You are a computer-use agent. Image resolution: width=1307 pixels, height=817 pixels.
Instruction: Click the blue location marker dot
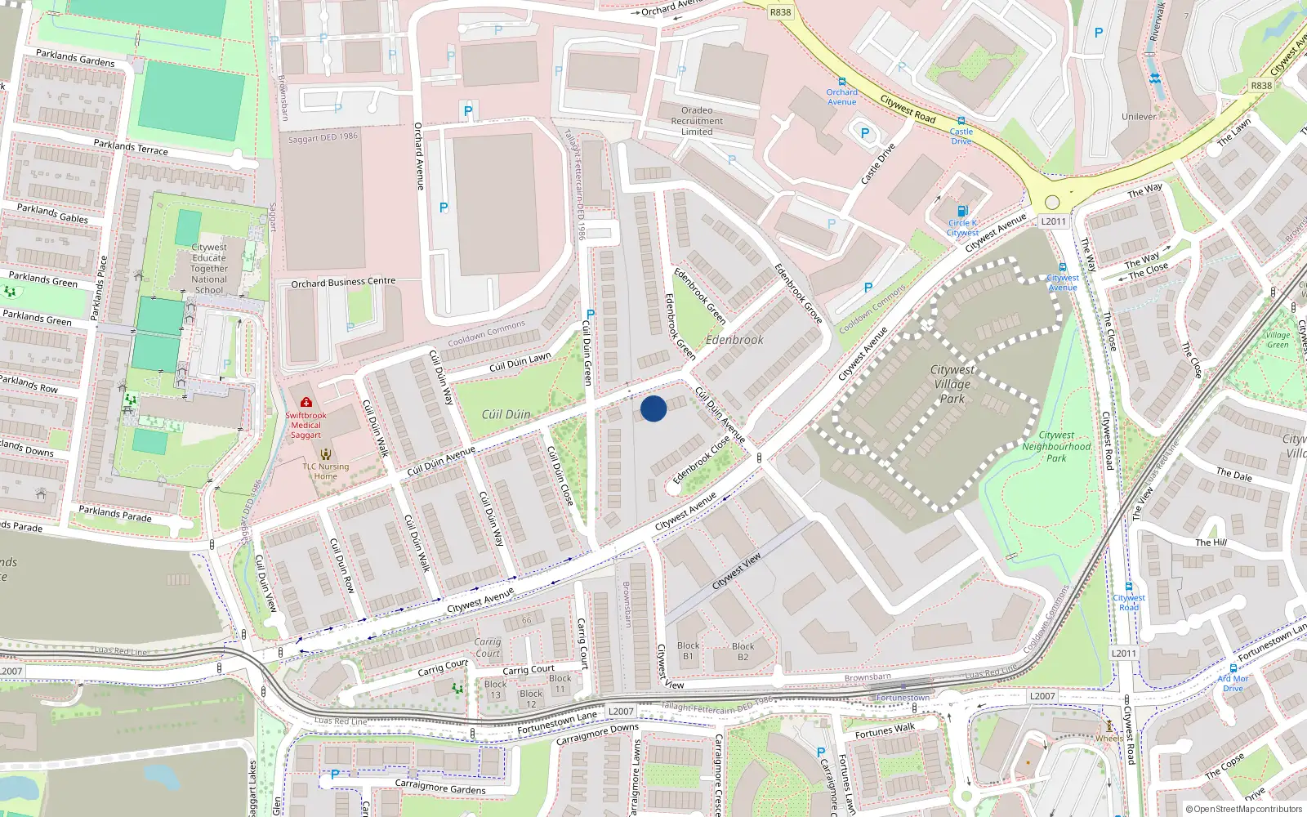click(653, 408)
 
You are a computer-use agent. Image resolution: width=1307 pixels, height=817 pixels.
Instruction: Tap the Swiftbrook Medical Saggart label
click(306, 425)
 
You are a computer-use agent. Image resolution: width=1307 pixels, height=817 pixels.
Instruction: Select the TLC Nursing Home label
click(325, 471)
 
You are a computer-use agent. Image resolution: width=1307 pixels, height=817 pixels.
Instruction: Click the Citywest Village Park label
click(952, 384)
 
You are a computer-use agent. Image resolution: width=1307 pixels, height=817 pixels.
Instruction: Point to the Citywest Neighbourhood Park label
click(1056, 447)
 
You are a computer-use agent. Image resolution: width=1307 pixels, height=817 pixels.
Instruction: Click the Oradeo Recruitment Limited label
click(697, 121)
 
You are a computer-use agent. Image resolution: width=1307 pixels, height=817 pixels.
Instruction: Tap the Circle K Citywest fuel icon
click(962, 211)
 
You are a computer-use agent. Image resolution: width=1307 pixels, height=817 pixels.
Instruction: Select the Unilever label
click(1139, 117)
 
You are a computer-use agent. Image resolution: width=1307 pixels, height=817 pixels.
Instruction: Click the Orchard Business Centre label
click(343, 283)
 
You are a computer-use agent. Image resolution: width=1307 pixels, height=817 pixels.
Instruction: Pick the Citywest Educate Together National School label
click(209, 268)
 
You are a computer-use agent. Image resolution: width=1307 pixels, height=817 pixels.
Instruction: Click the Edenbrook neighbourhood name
click(734, 340)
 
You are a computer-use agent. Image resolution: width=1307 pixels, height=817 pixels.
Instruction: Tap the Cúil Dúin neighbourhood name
click(506, 414)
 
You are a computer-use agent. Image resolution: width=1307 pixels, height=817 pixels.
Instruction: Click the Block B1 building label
click(689, 650)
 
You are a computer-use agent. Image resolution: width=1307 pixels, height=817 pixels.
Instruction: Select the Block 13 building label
click(496, 690)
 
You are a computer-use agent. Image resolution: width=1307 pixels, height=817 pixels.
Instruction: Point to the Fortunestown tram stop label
click(903, 698)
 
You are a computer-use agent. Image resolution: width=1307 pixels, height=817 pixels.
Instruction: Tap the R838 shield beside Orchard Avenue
click(780, 12)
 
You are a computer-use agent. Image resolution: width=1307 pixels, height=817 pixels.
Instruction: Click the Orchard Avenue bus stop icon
click(842, 82)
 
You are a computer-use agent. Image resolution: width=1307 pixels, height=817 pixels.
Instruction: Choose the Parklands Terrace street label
click(131, 148)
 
